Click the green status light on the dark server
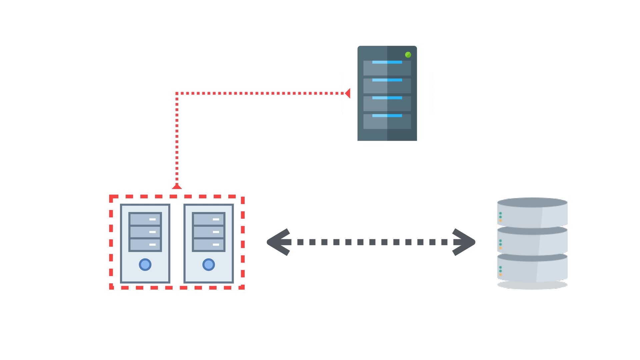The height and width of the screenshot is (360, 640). (408, 55)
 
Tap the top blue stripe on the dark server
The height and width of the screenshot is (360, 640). (387, 62)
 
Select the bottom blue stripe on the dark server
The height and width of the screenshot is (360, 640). (387, 116)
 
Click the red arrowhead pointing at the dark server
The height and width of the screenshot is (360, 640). (348, 93)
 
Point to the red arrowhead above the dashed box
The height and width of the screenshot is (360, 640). (177, 186)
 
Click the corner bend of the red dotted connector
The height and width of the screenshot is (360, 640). (177, 94)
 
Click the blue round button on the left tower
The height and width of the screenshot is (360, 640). (145, 265)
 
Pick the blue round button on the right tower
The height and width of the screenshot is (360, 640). (209, 265)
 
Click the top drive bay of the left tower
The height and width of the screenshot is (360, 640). (145, 219)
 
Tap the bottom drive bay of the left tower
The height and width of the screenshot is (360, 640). (145, 245)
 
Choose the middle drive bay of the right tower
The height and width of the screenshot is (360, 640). (209, 232)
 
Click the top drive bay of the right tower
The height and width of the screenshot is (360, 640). (209, 219)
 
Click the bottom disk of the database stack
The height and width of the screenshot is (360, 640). (532, 269)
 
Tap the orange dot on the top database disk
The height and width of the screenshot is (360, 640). (500, 221)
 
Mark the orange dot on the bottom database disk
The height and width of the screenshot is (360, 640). (500, 275)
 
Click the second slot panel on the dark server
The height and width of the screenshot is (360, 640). (387, 86)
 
